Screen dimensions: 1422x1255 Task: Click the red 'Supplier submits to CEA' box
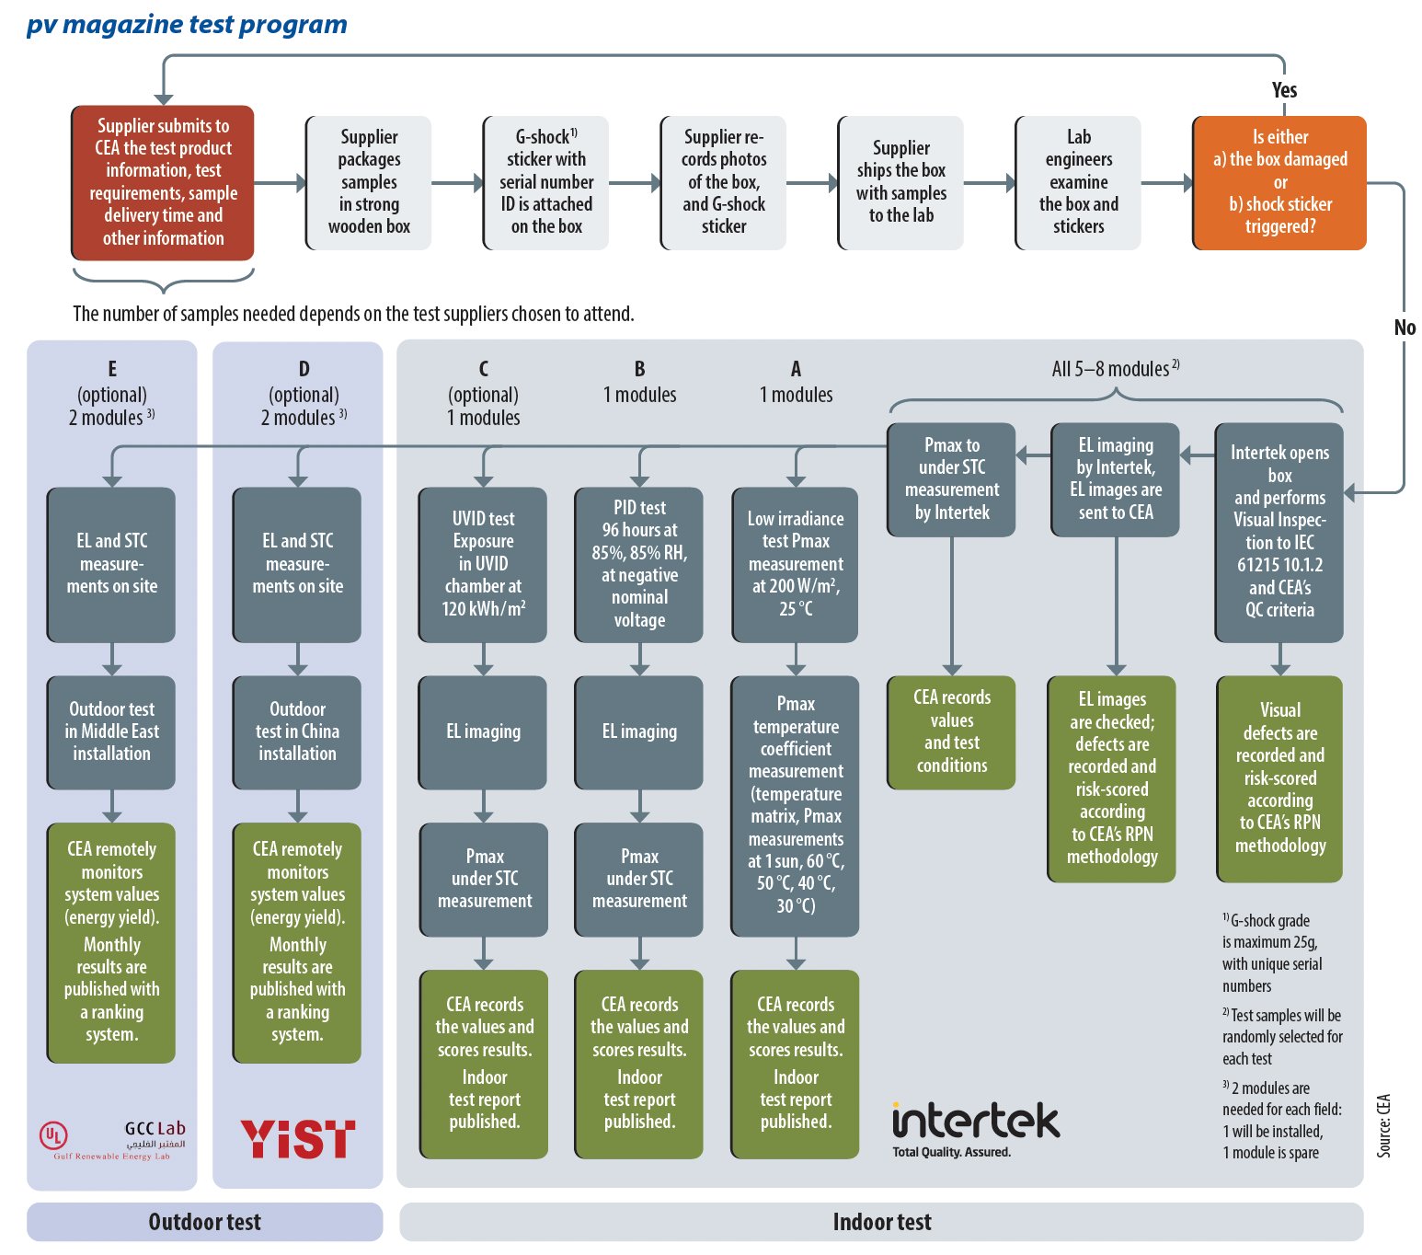[x=162, y=182]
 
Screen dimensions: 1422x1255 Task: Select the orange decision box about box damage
[x=1279, y=182]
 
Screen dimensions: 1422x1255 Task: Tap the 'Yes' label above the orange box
[x=1284, y=90]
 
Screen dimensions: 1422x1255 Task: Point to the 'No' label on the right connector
[x=1404, y=328]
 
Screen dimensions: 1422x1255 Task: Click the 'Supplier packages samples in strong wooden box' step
[x=369, y=182]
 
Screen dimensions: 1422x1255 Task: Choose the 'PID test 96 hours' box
[x=638, y=564]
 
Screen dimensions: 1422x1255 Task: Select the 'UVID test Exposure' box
[x=483, y=564]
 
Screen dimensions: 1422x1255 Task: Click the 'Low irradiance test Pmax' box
[x=796, y=564]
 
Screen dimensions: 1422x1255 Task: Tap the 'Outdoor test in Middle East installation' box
[x=111, y=731]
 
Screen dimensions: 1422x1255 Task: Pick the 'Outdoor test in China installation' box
[x=297, y=731]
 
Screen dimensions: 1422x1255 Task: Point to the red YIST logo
[x=297, y=1138]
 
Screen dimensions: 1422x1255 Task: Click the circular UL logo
[x=53, y=1135]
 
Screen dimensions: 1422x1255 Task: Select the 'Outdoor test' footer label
[x=204, y=1222]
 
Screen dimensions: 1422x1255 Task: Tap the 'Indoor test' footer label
[x=881, y=1222]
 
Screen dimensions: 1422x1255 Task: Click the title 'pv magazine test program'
[x=187, y=24]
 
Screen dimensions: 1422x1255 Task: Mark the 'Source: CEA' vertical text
[x=1382, y=1126]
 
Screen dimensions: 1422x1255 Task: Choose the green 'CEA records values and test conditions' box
[x=951, y=731]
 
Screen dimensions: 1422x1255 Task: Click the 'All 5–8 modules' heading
[x=1116, y=369]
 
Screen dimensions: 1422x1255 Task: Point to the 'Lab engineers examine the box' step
[x=1078, y=182]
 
